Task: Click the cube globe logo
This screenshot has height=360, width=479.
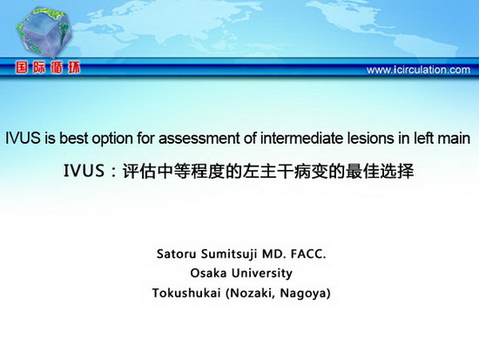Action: [44, 33]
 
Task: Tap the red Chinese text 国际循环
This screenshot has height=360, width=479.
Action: [48, 67]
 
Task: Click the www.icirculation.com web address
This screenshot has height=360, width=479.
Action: [418, 70]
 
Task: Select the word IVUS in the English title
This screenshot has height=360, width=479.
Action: [23, 138]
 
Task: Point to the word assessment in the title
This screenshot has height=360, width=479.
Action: [199, 139]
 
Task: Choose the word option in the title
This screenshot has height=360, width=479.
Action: [112, 139]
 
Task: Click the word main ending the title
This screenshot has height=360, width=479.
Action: [454, 138]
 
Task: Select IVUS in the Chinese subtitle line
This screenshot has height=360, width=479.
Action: [84, 171]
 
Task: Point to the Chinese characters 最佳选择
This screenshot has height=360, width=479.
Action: [380, 171]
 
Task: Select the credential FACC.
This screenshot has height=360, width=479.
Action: [308, 254]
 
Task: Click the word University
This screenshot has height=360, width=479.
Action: [262, 274]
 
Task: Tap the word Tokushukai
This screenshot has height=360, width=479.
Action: [186, 293]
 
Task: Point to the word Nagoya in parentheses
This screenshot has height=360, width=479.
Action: [305, 294]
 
